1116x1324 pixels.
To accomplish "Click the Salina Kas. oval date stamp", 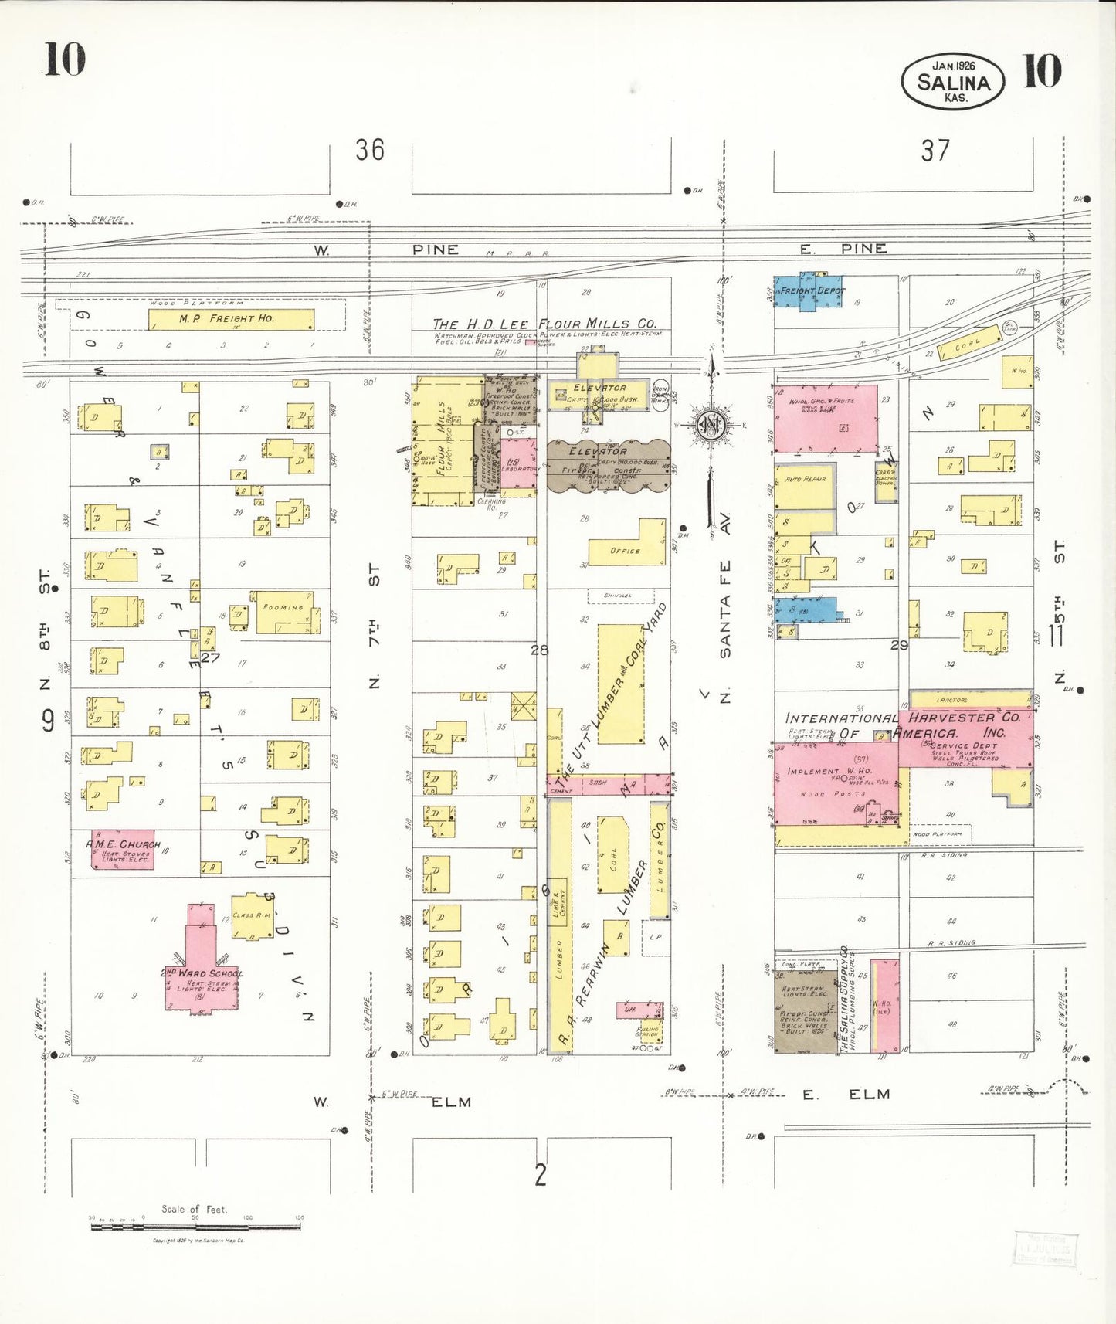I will pyautogui.click(x=953, y=82).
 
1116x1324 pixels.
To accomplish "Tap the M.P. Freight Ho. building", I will pyautogui.click(x=231, y=319).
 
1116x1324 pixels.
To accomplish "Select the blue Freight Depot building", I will pyautogui.click(x=809, y=292).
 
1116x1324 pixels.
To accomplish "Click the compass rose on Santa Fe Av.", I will pyautogui.click(x=709, y=425).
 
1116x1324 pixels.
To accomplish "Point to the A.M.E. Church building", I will pyautogui.click(x=122, y=850).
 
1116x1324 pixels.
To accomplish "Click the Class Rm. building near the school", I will pyautogui.click(x=252, y=916).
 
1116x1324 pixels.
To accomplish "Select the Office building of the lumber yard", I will pyautogui.click(x=627, y=548).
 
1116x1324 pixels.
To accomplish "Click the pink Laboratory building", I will pyautogui.click(x=518, y=463).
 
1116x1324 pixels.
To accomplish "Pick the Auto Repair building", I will pyautogui.click(x=805, y=487).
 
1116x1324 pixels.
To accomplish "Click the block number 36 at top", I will pyautogui.click(x=370, y=149).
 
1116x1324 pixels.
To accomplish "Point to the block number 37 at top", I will pyautogui.click(x=935, y=150).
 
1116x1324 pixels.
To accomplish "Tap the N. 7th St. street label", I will pyautogui.click(x=374, y=626).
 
